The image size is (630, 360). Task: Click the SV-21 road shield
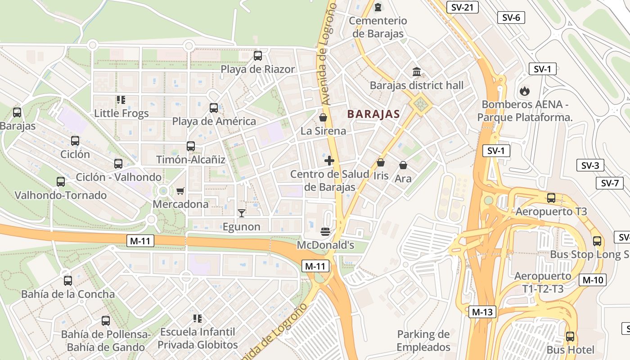click(x=462, y=7)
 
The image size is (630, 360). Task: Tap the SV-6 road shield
click(x=511, y=18)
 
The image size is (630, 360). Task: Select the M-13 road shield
click(x=482, y=312)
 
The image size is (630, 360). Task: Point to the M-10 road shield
click(x=593, y=279)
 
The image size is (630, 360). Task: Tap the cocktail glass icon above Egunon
click(x=242, y=213)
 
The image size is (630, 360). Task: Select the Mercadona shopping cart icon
click(x=180, y=191)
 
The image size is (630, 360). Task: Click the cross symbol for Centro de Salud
click(x=329, y=161)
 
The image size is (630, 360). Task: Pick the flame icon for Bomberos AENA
click(x=524, y=91)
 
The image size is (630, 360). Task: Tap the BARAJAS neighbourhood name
click(x=373, y=114)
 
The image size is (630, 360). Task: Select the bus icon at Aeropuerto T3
click(x=551, y=198)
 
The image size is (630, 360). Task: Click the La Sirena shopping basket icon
click(x=323, y=118)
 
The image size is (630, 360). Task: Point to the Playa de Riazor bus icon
click(x=258, y=56)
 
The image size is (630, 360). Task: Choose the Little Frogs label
click(x=121, y=113)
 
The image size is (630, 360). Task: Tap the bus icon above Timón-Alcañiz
click(x=191, y=146)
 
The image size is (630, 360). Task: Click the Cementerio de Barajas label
click(x=378, y=27)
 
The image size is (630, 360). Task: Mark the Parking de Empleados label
click(x=423, y=341)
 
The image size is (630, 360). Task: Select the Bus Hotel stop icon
click(x=570, y=336)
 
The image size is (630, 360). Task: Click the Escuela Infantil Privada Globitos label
click(x=198, y=338)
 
